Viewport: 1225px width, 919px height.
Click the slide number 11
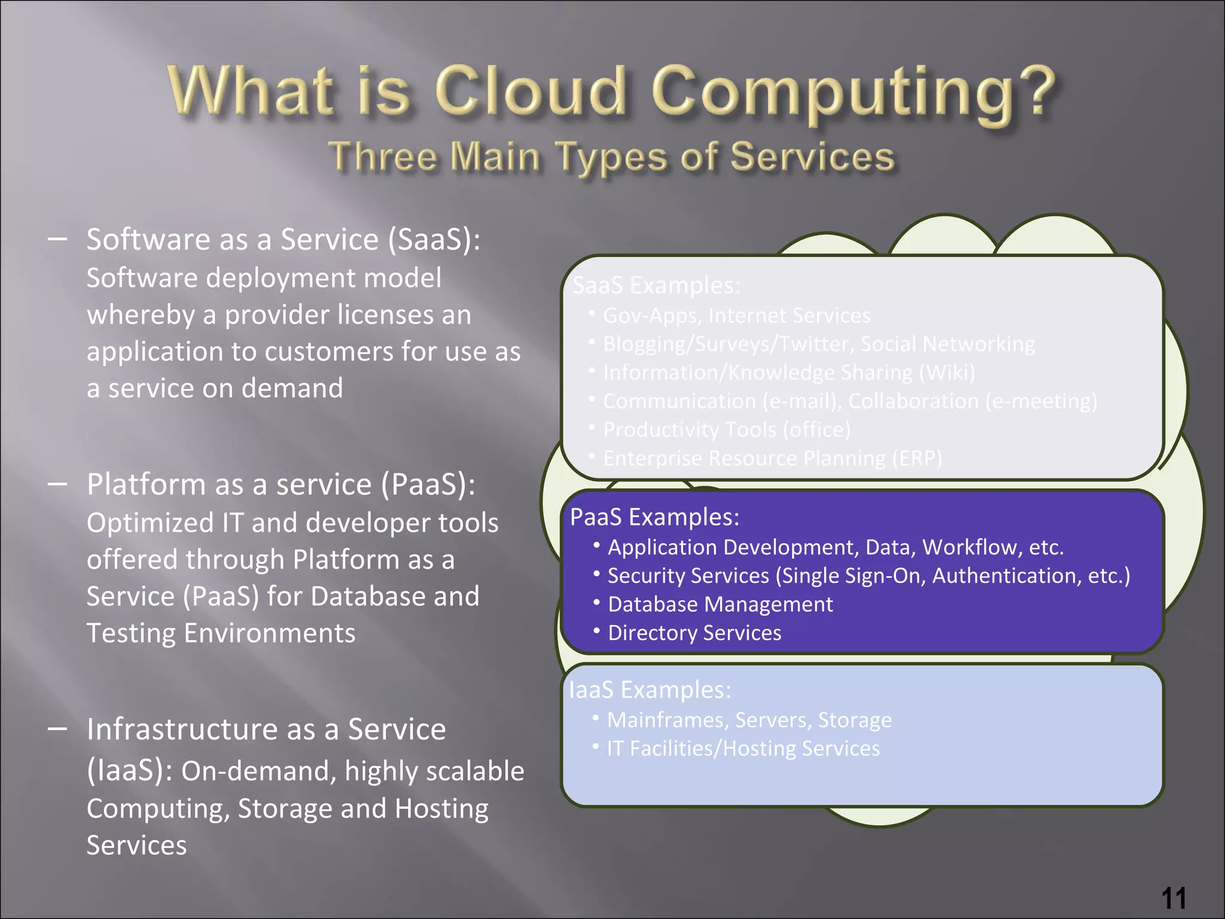click(1174, 898)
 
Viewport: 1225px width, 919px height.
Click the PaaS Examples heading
click(654, 517)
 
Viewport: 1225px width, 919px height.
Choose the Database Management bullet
click(720, 604)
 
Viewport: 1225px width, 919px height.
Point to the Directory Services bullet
click(694, 633)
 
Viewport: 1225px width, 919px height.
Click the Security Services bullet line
click(869, 576)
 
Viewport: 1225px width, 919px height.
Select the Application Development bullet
click(835, 547)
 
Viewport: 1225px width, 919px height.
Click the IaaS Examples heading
click(650, 690)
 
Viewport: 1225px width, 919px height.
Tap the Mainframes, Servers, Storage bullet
click(749, 720)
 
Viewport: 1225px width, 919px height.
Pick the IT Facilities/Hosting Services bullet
click(743, 748)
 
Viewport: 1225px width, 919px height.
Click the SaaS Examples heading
click(656, 285)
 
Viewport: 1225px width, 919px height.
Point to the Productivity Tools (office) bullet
click(726, 430)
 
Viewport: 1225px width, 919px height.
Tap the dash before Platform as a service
click(57, 483)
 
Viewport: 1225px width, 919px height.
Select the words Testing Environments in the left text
click(221, 633)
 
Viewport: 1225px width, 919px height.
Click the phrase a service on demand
click(215, 388)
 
